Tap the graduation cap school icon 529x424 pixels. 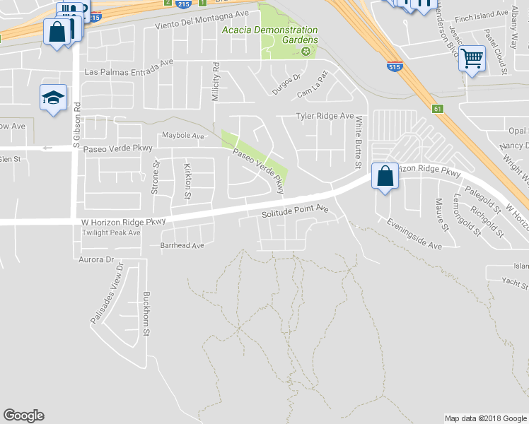click(x=53, y=99)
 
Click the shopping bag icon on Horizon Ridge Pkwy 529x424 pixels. click(x=384, y=177)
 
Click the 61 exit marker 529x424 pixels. click(x=437, y=108)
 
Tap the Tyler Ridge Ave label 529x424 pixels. click(x=325, y=116)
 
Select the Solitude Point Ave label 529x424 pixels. click(x=296, y=211)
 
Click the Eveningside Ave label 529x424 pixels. click(x=414, y=233)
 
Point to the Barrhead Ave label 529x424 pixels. click(x=182, y=246)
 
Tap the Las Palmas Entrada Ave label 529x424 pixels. click(x=129, y=72)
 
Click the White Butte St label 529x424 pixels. click(x=359, y=142)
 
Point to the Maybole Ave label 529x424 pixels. click(x=182, y=134)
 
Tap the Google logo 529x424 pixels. click(x=23, y=416)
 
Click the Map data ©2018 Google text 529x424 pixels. click(x=485, y=418)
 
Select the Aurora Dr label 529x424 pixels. click(x=97, y=260)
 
